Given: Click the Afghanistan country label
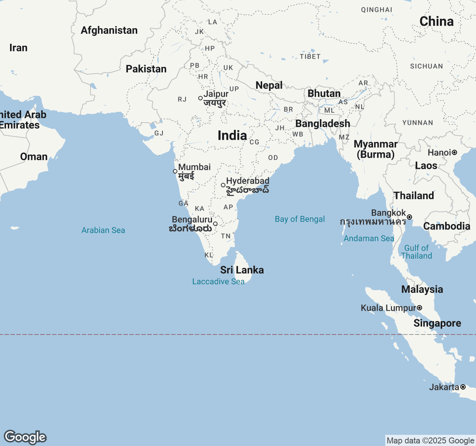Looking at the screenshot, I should tap(109, 30).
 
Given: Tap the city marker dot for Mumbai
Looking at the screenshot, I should tap(175, 171).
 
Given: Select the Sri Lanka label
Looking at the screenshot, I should tap(242, 270).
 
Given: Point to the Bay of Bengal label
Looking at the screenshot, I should tap(300, 219).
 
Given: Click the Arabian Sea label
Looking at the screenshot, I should tap(103, 230).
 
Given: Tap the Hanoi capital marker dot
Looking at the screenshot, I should tap(454, 152).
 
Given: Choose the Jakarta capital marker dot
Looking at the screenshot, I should tap(463, 387).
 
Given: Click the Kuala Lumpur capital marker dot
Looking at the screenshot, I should tap(419, 308).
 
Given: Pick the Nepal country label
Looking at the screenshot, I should tap(269, 85).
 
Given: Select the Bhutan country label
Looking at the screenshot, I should tap(324, 94).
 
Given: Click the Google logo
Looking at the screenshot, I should tap(25, 437).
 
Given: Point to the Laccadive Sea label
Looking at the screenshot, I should tap(218, 282).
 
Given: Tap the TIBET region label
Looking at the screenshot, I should tap(310, 56).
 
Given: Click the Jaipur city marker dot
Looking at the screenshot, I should tap(200, 98).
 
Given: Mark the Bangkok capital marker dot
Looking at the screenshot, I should tap(409, 217).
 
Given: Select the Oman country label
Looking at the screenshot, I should tap(34, 157).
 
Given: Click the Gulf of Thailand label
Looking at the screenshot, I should tap(416, 252).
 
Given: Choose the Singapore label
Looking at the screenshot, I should tap(437, 323).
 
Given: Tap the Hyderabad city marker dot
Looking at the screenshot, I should tap(223, 185).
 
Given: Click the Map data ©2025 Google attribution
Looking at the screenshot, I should tap(430, 441).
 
